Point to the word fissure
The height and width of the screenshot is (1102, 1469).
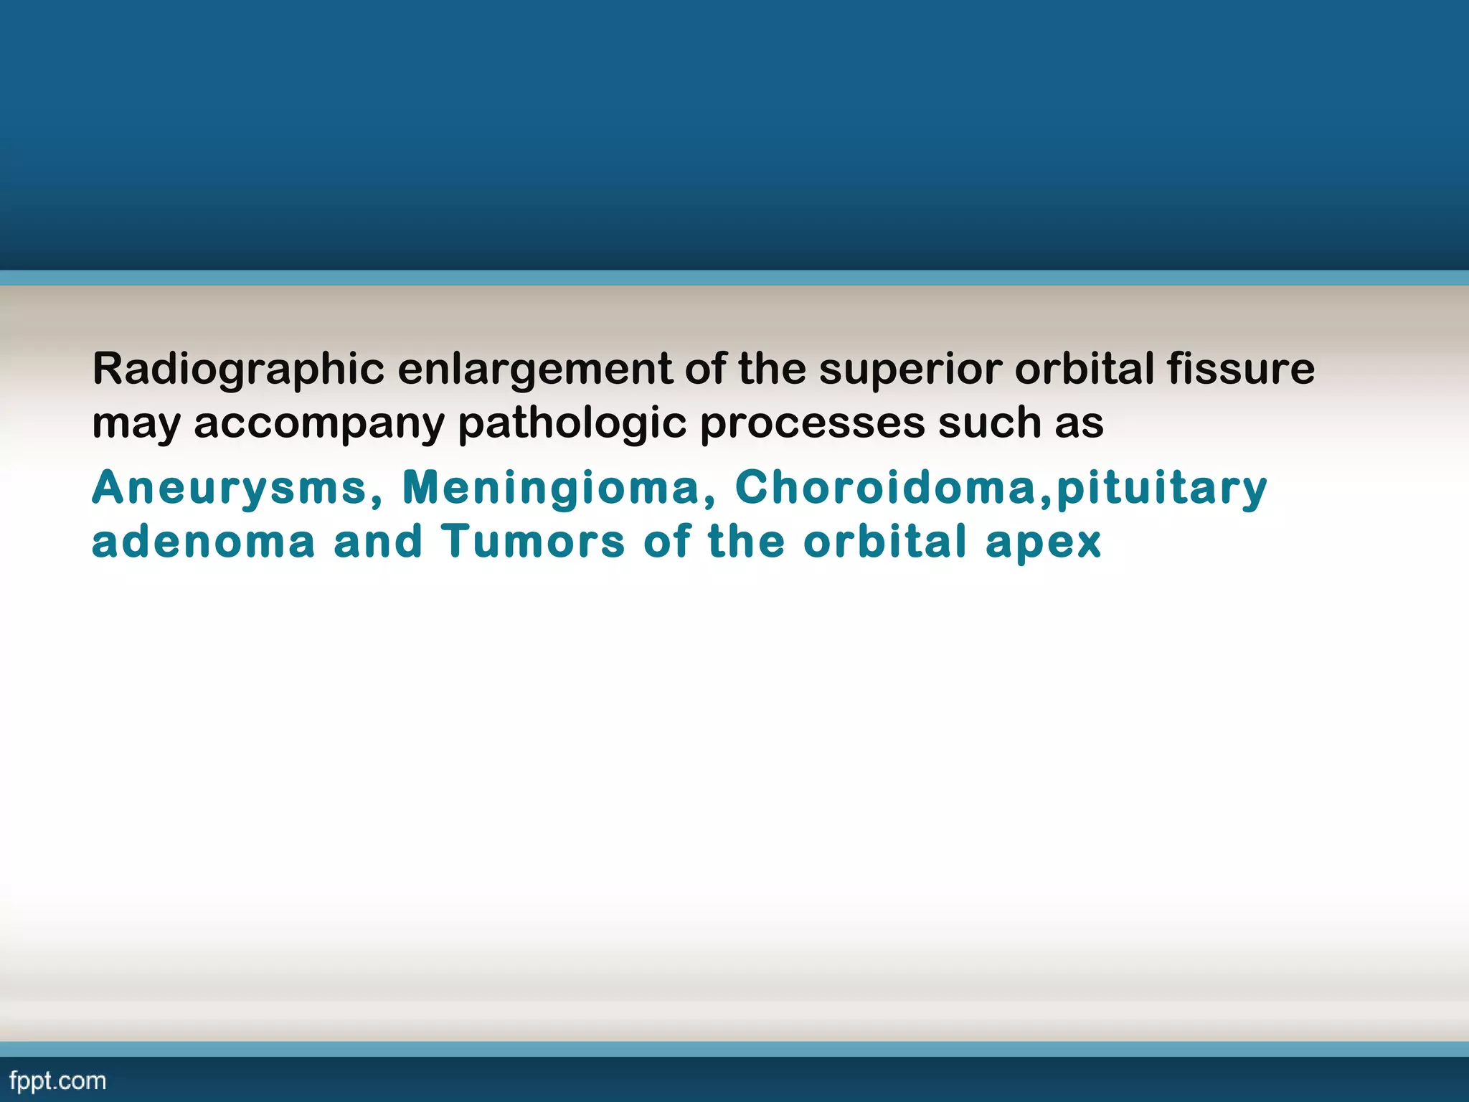tap(1240, 369)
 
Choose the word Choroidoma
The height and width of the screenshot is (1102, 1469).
tap(886, 488)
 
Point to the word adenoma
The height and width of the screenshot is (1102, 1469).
tap(203, 542)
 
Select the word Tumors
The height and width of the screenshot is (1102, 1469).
tap(533, 542)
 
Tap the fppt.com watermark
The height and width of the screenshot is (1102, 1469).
tap(57, 1081)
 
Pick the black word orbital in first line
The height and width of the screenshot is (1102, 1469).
tap(1084, 369)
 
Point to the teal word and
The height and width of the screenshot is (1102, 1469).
tap(377, 542)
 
